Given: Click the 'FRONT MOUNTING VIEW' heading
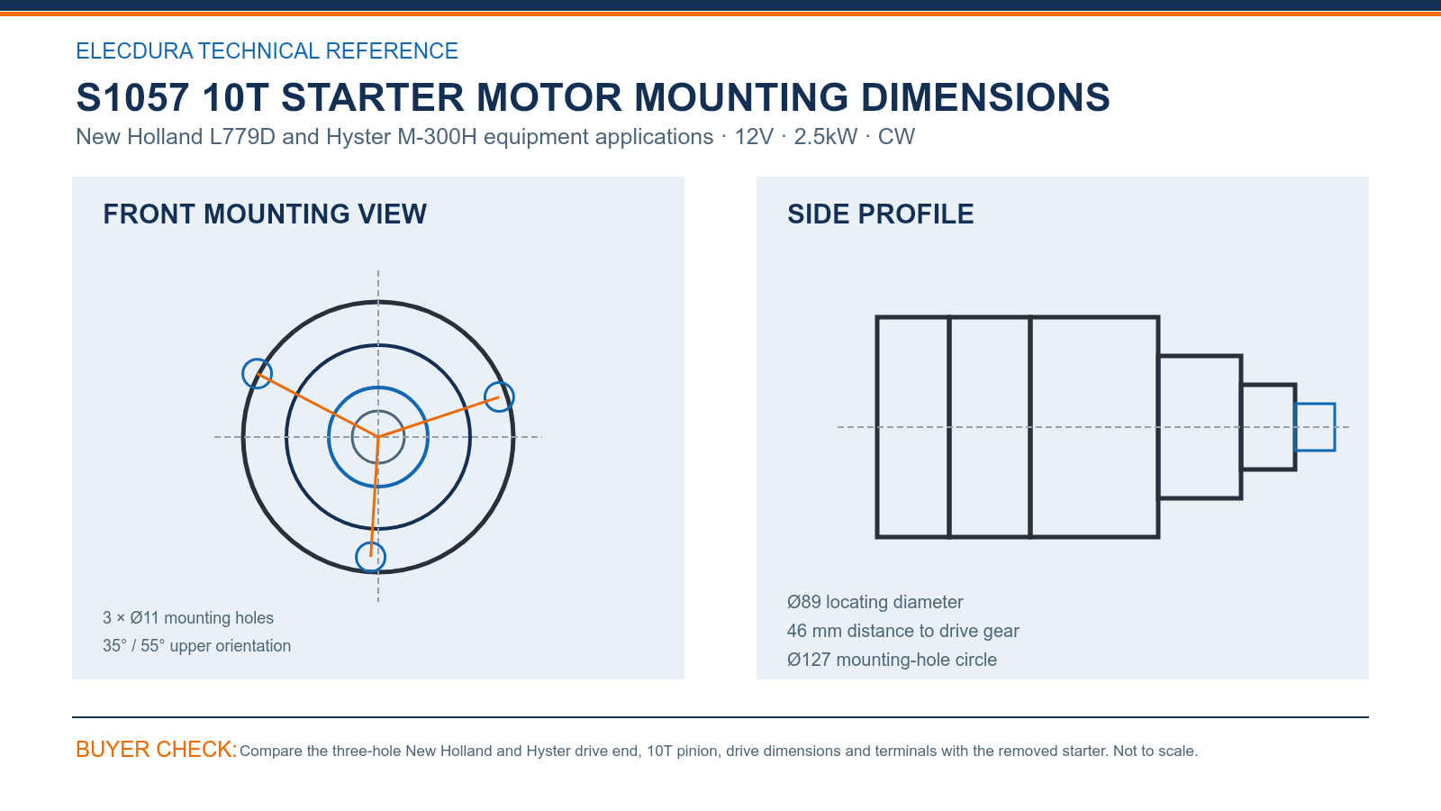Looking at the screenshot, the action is click(265, 214).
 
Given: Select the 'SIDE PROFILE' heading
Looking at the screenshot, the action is click(880, 214).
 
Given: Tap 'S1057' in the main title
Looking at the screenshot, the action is click(132, 97).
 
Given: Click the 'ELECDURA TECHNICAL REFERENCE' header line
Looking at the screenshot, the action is click(267, 50).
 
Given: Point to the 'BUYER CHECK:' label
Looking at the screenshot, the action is click(157, 749).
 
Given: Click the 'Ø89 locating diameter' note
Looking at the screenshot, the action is click(875, 602).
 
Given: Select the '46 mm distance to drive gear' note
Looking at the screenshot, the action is click(902, 631).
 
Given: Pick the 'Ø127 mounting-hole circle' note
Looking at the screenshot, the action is click(892, 660).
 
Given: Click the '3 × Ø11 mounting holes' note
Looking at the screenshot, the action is click(188, 618).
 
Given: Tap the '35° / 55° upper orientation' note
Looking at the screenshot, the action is click(197, 645).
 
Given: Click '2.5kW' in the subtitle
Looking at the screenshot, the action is click(825, 136).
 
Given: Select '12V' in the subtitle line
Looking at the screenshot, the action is click(754, 136).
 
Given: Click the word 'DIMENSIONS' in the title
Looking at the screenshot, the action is click(985, 97).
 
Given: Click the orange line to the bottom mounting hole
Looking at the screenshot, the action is click(375, 497).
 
